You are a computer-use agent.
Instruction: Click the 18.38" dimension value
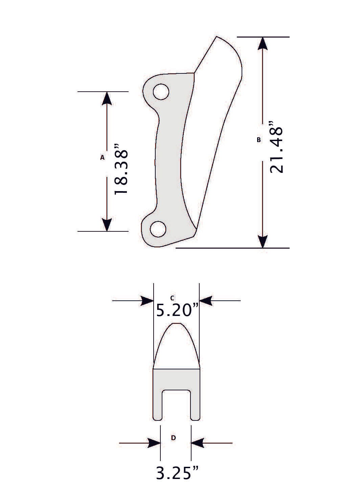(121, 169)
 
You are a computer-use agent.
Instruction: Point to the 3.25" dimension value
(177, 473)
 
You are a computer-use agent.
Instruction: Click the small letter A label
(102, 157)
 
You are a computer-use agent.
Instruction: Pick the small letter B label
(259, 139)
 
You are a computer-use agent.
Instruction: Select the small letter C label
(172, 298)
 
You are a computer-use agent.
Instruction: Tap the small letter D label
(173, 438)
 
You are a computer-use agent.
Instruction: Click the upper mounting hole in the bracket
(161, 92)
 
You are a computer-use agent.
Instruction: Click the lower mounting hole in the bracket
(158, 229)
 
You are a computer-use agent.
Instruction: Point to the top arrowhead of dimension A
(107, 98)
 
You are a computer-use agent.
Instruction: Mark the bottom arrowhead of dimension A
(107, 225)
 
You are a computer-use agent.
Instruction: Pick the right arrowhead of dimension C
(206, 300)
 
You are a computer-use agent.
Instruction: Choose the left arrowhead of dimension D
(154, 443)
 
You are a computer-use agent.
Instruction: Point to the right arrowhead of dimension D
(198, 443)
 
